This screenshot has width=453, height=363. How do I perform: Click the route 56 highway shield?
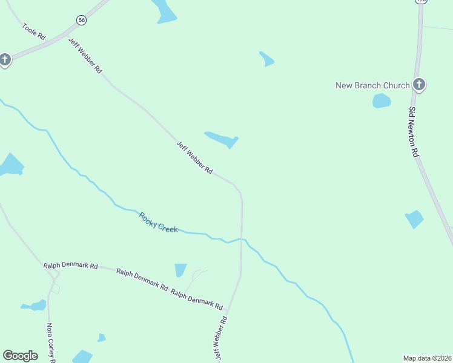click(x=82, y=20)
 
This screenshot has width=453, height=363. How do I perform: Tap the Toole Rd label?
click(x=34, y=31)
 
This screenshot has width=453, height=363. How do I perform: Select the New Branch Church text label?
click(x=372, y=85)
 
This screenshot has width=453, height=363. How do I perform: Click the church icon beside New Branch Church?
click(x=418, y=85)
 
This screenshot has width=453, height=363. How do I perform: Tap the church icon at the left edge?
click(x=5, y=59)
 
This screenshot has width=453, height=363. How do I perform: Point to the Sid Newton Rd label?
click(x=414, y=132)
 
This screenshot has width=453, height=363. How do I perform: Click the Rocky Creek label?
click(x=159, y=222)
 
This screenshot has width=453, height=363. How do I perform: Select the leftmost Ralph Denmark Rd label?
click(x=70, y=266)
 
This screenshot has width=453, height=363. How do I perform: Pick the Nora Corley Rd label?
click(x=51, y=342)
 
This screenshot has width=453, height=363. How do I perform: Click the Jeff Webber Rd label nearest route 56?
click(x=85, y=55)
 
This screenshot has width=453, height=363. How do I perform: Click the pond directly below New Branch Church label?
click(x=381, y=100)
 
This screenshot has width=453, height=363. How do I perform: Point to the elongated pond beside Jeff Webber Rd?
click(x=222, y=139)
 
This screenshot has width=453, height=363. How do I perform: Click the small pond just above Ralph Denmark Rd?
click(x=180, y=270)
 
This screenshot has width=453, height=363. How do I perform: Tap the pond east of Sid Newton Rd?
click(x=414, y=219)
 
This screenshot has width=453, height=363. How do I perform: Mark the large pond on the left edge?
click(x=10, y=165)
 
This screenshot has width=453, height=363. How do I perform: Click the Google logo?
click(x=20, y=356)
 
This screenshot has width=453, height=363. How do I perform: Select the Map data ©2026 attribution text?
click(x=427, y=358)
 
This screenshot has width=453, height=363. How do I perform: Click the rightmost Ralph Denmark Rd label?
click(x=197, y=299)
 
